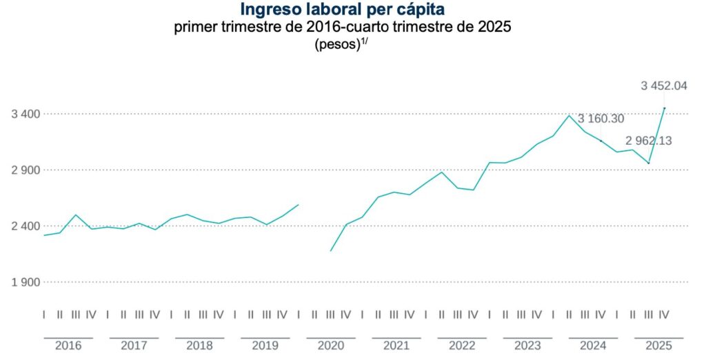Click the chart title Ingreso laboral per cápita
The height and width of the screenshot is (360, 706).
point(343,10)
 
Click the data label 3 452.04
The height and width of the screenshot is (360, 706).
point(664,86)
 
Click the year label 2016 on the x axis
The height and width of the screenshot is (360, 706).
point(68,346)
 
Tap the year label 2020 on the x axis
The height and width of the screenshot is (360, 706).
point(330,346)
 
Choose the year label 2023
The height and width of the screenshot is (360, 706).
point(527,346)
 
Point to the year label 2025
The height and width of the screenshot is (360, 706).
point(658,346)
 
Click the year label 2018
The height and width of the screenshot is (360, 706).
point(199,346)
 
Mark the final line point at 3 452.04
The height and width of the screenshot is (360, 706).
point(664,108)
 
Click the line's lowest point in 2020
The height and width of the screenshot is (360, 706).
point(331,251)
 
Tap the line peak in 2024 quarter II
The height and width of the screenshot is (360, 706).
point(569,115)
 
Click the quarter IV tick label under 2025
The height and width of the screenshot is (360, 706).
point(664,315)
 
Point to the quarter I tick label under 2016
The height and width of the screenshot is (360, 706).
point(44,315)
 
